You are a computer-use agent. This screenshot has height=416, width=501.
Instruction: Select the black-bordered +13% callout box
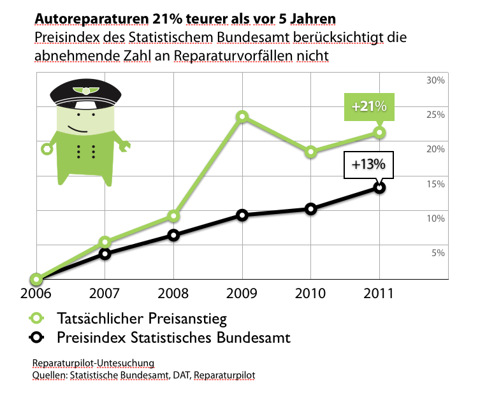pos(368,164)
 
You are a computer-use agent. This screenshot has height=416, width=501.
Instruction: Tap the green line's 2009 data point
pos(242,117)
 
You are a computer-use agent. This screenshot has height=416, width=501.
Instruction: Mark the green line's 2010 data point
pos(310,152)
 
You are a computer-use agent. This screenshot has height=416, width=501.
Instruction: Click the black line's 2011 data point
pos(379,187)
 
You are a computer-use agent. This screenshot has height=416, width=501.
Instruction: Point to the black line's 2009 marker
pos(242,215)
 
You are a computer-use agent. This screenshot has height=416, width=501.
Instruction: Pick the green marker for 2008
pos(173,216)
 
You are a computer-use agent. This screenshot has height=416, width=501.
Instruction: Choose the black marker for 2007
pos(105,254)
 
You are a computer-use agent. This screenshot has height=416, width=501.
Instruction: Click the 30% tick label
pos(435,80)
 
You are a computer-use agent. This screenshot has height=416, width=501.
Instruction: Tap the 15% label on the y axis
pos(435,184)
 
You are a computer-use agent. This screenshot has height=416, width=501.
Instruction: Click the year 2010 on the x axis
pos(310,294)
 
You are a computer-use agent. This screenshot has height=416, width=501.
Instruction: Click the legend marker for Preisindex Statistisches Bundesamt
pos(37,338)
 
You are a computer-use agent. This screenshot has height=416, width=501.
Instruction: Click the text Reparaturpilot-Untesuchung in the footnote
pos(93,363)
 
